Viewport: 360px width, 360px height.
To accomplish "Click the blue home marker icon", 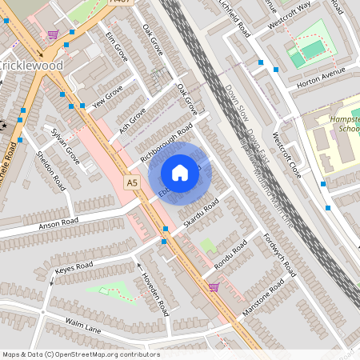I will [x=180, y=173].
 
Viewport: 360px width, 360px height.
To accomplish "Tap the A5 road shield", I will [x=132, y=184].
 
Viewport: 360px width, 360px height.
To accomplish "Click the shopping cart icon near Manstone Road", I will [x=214, y=286].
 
